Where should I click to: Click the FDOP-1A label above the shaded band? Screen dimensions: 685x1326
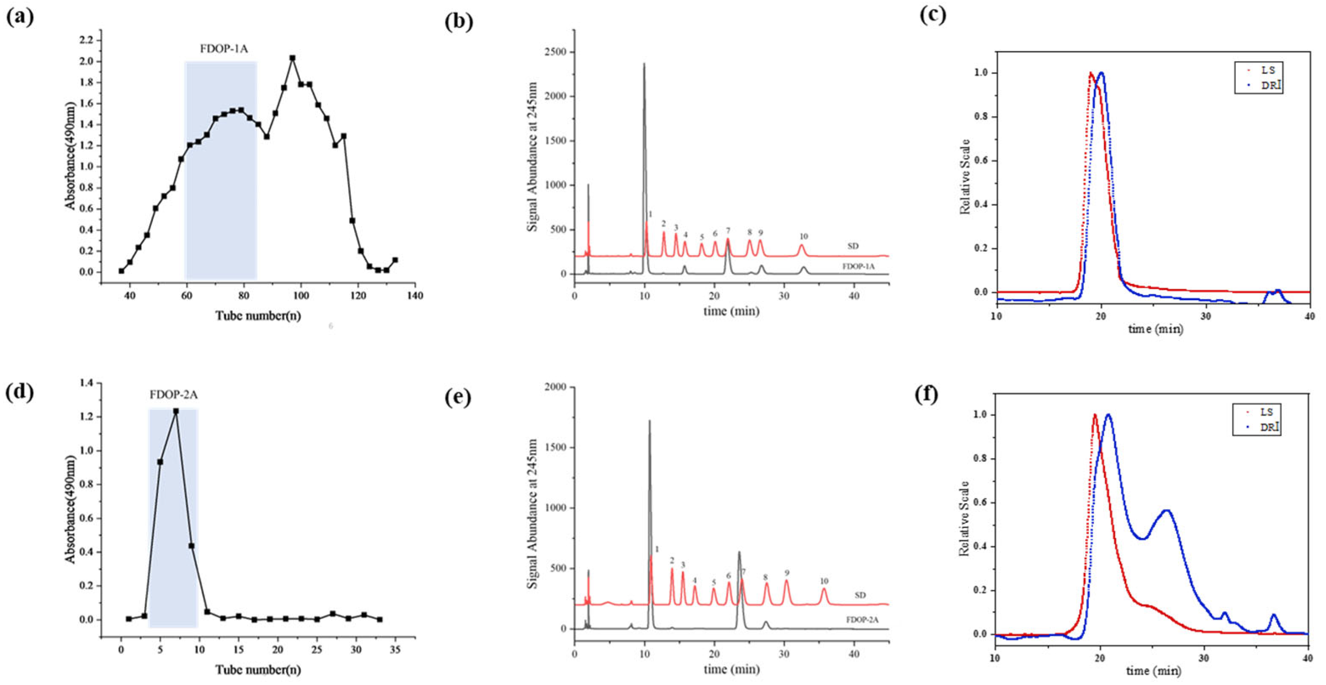tap(220, 50)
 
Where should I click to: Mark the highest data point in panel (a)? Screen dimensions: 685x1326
tap(293, 58)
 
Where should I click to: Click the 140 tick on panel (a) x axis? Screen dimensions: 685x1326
tap(415, 295)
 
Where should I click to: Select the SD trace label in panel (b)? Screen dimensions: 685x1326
tap(853, 246)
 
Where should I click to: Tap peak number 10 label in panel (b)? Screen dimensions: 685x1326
tap(803, 236)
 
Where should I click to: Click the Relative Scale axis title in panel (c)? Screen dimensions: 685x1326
tap(966, 176)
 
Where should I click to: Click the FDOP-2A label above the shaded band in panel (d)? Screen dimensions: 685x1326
tap(174, 395)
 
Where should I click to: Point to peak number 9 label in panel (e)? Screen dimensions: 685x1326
tap(786, 573)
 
